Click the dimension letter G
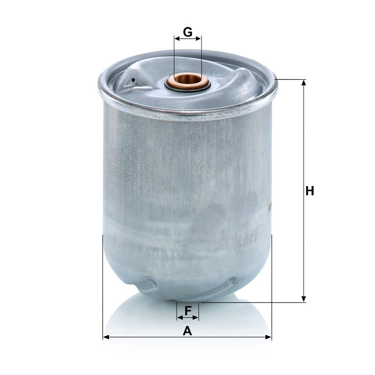click(188, 32)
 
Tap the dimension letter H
click(310, 191)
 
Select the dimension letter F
click(188, 310)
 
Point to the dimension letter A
click(187, 331)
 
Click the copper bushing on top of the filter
click(188, 81)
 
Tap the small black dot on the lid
click(133, 80)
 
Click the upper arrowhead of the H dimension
click(303, 83)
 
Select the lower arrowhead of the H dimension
click(303, 299)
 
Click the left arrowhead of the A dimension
click(106, 337)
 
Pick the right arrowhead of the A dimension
click(268, 337)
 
